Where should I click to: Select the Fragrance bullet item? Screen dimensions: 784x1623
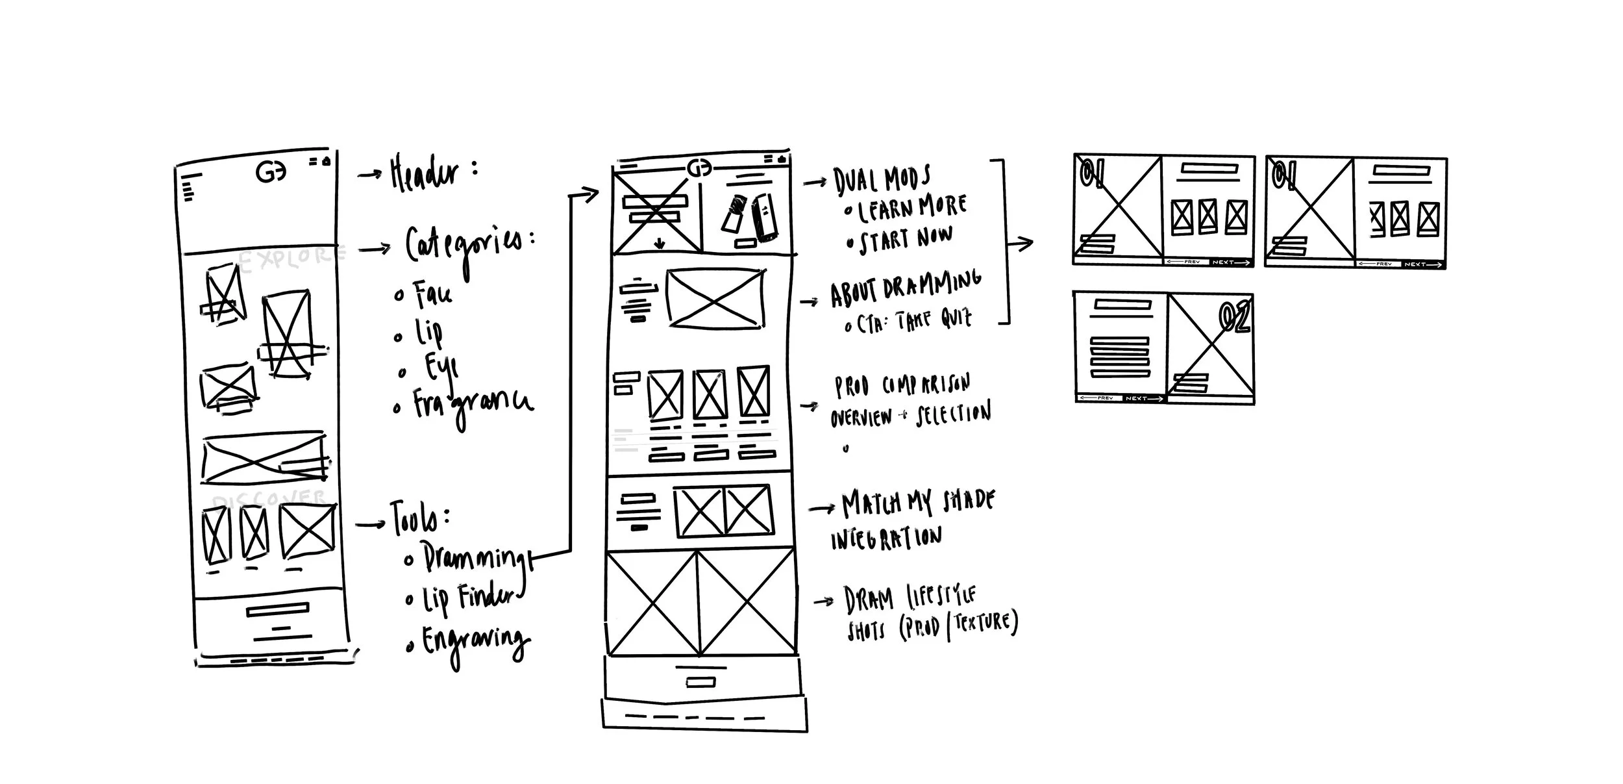point(473,404)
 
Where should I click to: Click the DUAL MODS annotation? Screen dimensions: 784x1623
point(882,179)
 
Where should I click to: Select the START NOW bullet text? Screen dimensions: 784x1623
point(905,240)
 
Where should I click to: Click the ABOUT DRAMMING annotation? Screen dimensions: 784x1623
point(905,290)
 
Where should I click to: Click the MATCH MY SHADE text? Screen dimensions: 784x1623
point(917,503)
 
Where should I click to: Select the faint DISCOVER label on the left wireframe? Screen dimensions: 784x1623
point(267,499)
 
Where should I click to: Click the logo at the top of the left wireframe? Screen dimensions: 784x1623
point(271,172)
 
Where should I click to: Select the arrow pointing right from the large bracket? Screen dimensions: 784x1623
point(1020,244)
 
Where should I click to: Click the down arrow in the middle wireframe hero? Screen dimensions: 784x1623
point(660,244)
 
